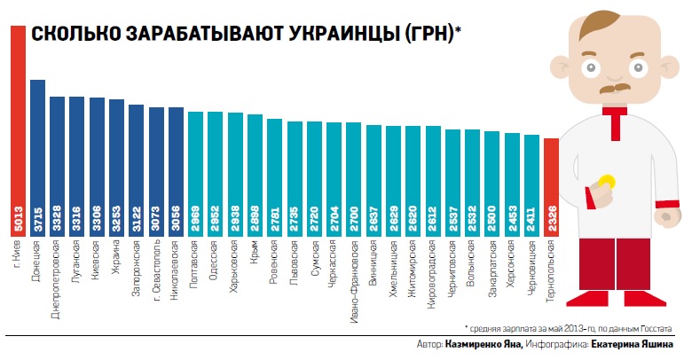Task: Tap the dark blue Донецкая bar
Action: click(x=37, y=151)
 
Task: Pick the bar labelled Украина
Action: click(x=116, y=160)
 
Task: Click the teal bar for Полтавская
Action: click(x=195, y=168)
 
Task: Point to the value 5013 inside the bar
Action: click(x=18, y=220)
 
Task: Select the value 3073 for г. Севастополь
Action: click(x=156, y=220)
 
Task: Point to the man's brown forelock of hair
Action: click(x=594, y=27)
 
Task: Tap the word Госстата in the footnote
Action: click(x=656, y=327)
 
